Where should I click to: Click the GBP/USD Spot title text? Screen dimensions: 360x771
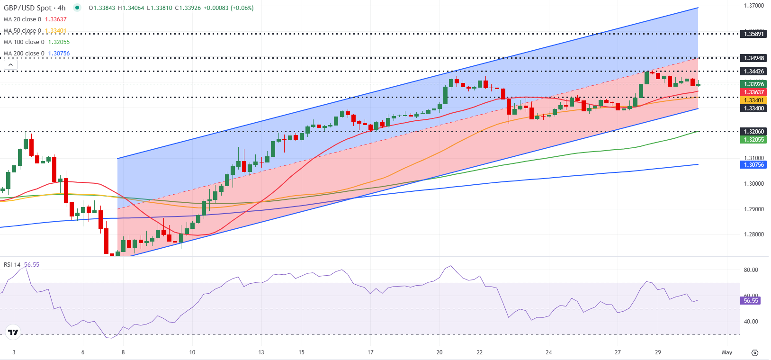pyautogui.click(x=35, y=8)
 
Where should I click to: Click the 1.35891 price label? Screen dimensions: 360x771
pyautogui.click(x=753, y=34)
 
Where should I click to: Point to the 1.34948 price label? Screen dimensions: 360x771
pyautogui.click(x=753, y=58)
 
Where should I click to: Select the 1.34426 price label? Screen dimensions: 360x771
pyautogui.click(x=753, y=72)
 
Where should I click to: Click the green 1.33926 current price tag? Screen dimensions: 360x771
pyautogui.click(x=753, y=84)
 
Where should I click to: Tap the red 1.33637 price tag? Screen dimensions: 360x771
pyautogui.click(x=753, y=92)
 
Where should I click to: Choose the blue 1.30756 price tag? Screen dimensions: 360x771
pyautogui.click(x=753, y=165)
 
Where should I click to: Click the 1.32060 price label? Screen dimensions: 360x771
pyautogui.click(x=753, y=132)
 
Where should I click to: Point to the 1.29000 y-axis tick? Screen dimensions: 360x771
pyautogui.click(x=753, y=209)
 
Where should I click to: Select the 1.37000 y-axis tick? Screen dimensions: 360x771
pyautogui.click(x=753, y=6)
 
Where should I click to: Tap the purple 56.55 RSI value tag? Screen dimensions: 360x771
pyautogui.click(x=751, y=301)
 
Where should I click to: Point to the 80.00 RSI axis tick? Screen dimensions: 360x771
pyautogui.click(x=751, y=270)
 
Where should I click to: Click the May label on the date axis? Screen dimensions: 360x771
pyautogui.click(x=727, y=352)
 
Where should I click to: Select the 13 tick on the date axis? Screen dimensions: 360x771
pyautogui.click(x=261, y=352)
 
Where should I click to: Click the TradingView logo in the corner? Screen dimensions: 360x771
pyautogui.click(x=13, y=333)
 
